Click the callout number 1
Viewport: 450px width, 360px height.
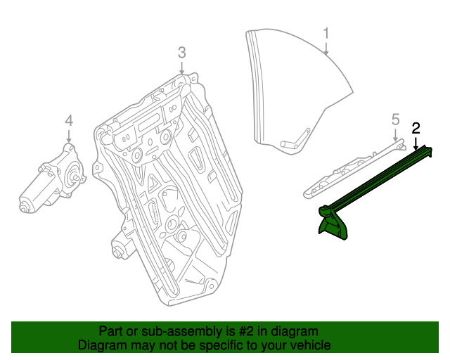(326, 33)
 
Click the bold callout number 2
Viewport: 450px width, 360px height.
(416, 128)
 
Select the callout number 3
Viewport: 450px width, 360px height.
(181, 52)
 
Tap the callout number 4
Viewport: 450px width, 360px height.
(69, 120)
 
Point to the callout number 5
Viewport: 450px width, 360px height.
(395, 119)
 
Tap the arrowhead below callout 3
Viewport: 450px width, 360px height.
(181, 72)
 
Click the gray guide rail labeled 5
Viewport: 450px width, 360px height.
(352, 168)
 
